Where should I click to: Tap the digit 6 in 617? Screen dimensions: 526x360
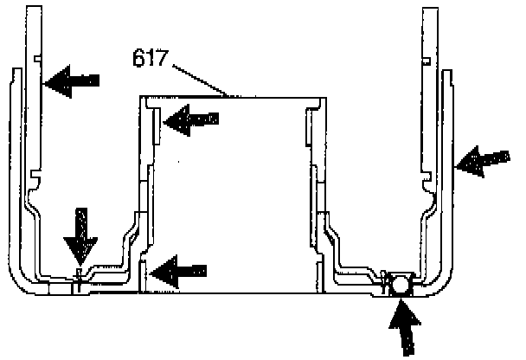[141, 60]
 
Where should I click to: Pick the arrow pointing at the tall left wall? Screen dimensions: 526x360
[72, 81]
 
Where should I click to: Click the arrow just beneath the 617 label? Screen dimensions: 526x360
[191, 120]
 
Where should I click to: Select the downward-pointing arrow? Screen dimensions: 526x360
[81, 235]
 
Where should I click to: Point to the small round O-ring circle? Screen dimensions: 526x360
[401, 284]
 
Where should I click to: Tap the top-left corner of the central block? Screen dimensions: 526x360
[141, 97]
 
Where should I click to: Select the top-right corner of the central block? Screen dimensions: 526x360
[327, 97]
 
